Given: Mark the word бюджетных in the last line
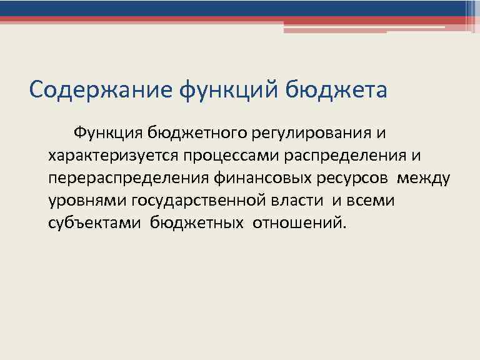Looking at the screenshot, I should pyautogui.click(x=196, y=223).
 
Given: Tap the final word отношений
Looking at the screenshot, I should pyautogui.click(x=299, y=223).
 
